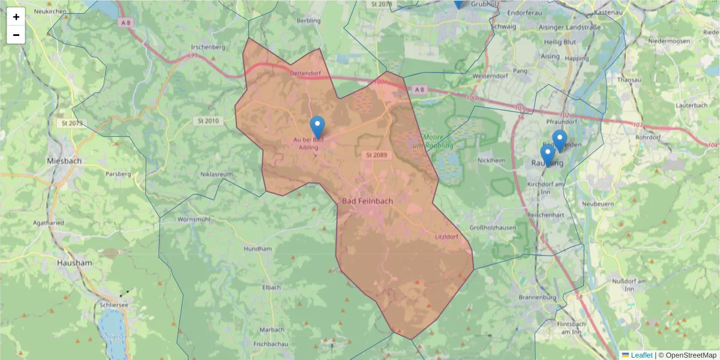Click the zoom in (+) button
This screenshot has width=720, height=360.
[16, 17]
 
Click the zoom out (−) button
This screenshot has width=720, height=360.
[16, 35]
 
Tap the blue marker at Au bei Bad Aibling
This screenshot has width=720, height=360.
[317, 127]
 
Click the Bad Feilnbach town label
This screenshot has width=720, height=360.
[367, 201]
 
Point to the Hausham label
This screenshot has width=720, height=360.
[74, 263]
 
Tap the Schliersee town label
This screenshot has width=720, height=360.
[112, 305]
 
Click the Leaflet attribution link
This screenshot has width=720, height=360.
[641, 355]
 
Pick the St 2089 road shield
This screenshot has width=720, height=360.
[376, 155]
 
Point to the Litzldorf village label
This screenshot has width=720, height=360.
[446, 237]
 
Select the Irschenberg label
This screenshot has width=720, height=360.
[207, 47]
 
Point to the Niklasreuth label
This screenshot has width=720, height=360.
[217, 175]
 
